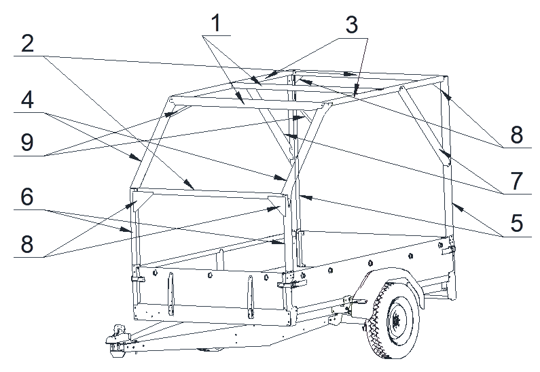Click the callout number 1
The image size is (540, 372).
click(216, 23)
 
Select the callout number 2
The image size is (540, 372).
click(28, 44)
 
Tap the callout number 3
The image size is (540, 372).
click(352, 25)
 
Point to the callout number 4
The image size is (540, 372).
click(28, 100)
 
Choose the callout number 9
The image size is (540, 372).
click(28, 142)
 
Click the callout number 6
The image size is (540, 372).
click(28, 197)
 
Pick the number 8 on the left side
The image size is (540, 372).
click(28, 244)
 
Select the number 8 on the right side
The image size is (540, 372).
click(517, 135)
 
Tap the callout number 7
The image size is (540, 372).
click(517, 181)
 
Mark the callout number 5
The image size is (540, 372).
click(517, 222)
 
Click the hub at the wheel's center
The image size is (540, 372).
click(396, 320)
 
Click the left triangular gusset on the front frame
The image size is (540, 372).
click(142, 201)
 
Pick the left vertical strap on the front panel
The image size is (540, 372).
click(170, 293)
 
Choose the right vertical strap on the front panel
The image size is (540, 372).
click(251, 297)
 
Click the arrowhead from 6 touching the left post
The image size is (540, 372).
click(126, 230)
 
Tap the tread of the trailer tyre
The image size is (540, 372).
click(376, 331)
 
